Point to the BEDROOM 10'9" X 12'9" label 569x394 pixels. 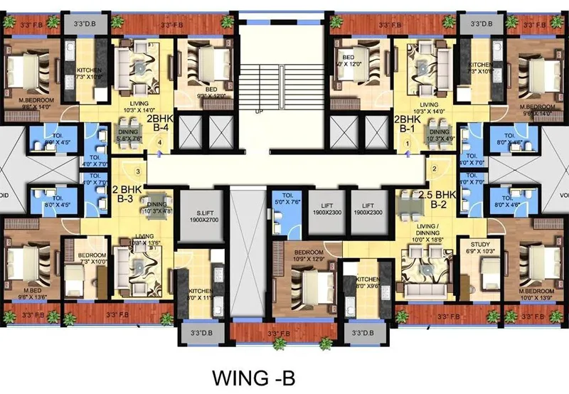[x=309, y=257]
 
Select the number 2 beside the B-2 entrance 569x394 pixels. [x=433, y=169]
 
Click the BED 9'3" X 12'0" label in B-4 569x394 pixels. [x=197, y=72]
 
